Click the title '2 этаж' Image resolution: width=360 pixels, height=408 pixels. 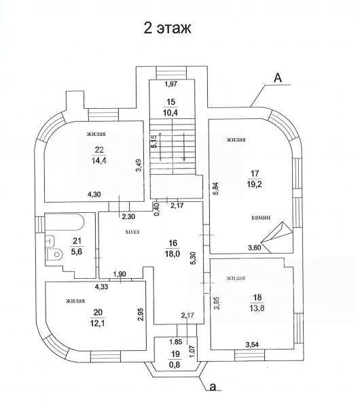(167, 28)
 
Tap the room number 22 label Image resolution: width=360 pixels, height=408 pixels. (99, 150)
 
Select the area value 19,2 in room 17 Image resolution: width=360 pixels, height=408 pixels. (255, 184)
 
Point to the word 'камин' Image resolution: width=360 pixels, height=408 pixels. (261, 218)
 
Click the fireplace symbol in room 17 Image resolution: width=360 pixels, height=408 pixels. (277, 237)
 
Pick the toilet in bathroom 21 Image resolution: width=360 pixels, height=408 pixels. (54, 254)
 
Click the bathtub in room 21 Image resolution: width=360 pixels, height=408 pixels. (65, 222)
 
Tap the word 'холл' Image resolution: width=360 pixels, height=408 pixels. (132, 232)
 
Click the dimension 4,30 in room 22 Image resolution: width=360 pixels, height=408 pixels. (94, 194)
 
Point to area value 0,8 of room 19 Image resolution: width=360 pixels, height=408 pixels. (175, 364)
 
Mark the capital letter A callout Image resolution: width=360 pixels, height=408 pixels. (278, 78)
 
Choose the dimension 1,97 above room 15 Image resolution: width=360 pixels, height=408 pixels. (171, 84)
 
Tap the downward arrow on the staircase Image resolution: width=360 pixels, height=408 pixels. (184, 147)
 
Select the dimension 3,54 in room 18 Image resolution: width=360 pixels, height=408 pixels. (252, 345)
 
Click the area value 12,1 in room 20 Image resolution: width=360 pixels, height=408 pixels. (98, 323)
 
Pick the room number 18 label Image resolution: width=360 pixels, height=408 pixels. (257, 297)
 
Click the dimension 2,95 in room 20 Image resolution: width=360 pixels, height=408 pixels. (141, 315)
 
